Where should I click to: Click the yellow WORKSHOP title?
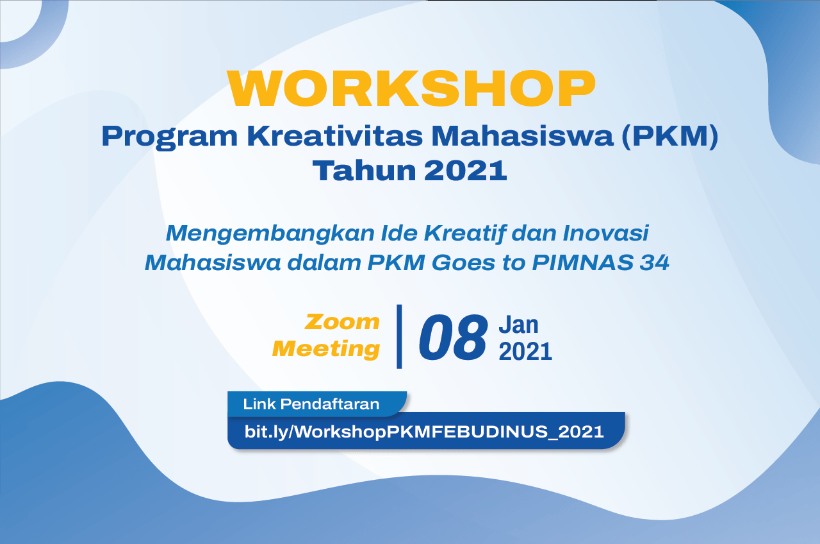pos(411,89)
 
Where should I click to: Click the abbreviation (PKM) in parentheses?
pos(670,137)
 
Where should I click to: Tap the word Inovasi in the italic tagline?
pos(606,233)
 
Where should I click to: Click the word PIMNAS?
pos(582,262)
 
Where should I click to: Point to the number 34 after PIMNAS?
pos(655,262)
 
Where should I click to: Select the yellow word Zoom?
pos(342,322)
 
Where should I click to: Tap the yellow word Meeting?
pos(326,348)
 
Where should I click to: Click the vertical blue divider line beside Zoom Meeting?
pos(399,336)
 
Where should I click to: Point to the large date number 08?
pos(453,337)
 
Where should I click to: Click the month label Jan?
pos(518,325)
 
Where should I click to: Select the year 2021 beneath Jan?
pos(525,352)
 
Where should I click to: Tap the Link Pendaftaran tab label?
pos(311,404)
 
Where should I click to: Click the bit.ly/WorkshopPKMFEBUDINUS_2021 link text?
pos(424,432)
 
